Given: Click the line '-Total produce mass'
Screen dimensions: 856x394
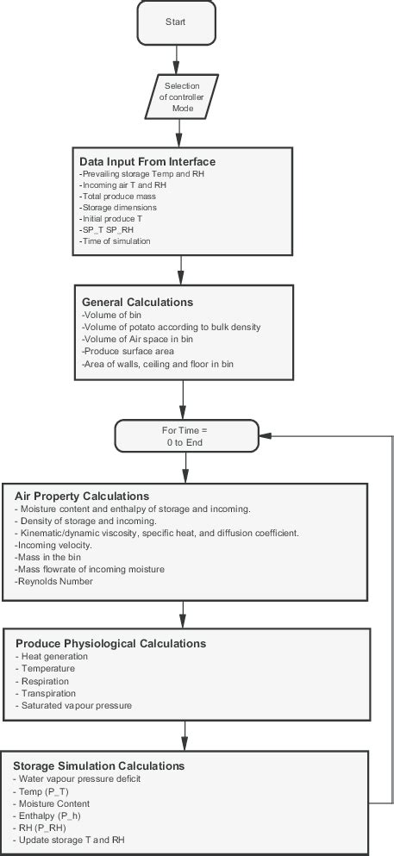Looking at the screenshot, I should (116, 197).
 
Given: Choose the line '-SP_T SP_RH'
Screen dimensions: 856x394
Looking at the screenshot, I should (104, 229).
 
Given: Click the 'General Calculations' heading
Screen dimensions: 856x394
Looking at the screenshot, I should (137, 303).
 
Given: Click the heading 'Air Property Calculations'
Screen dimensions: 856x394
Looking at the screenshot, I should (82, 497).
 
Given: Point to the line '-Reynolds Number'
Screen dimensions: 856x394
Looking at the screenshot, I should (53, 582).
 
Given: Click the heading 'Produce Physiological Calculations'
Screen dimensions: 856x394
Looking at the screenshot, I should (110, 643).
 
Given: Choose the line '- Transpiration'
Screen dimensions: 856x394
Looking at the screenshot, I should (45, 693).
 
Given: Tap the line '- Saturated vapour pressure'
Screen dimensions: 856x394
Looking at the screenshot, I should (73, 705).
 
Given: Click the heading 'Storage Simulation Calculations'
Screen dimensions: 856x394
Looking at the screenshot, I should (98, 765).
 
